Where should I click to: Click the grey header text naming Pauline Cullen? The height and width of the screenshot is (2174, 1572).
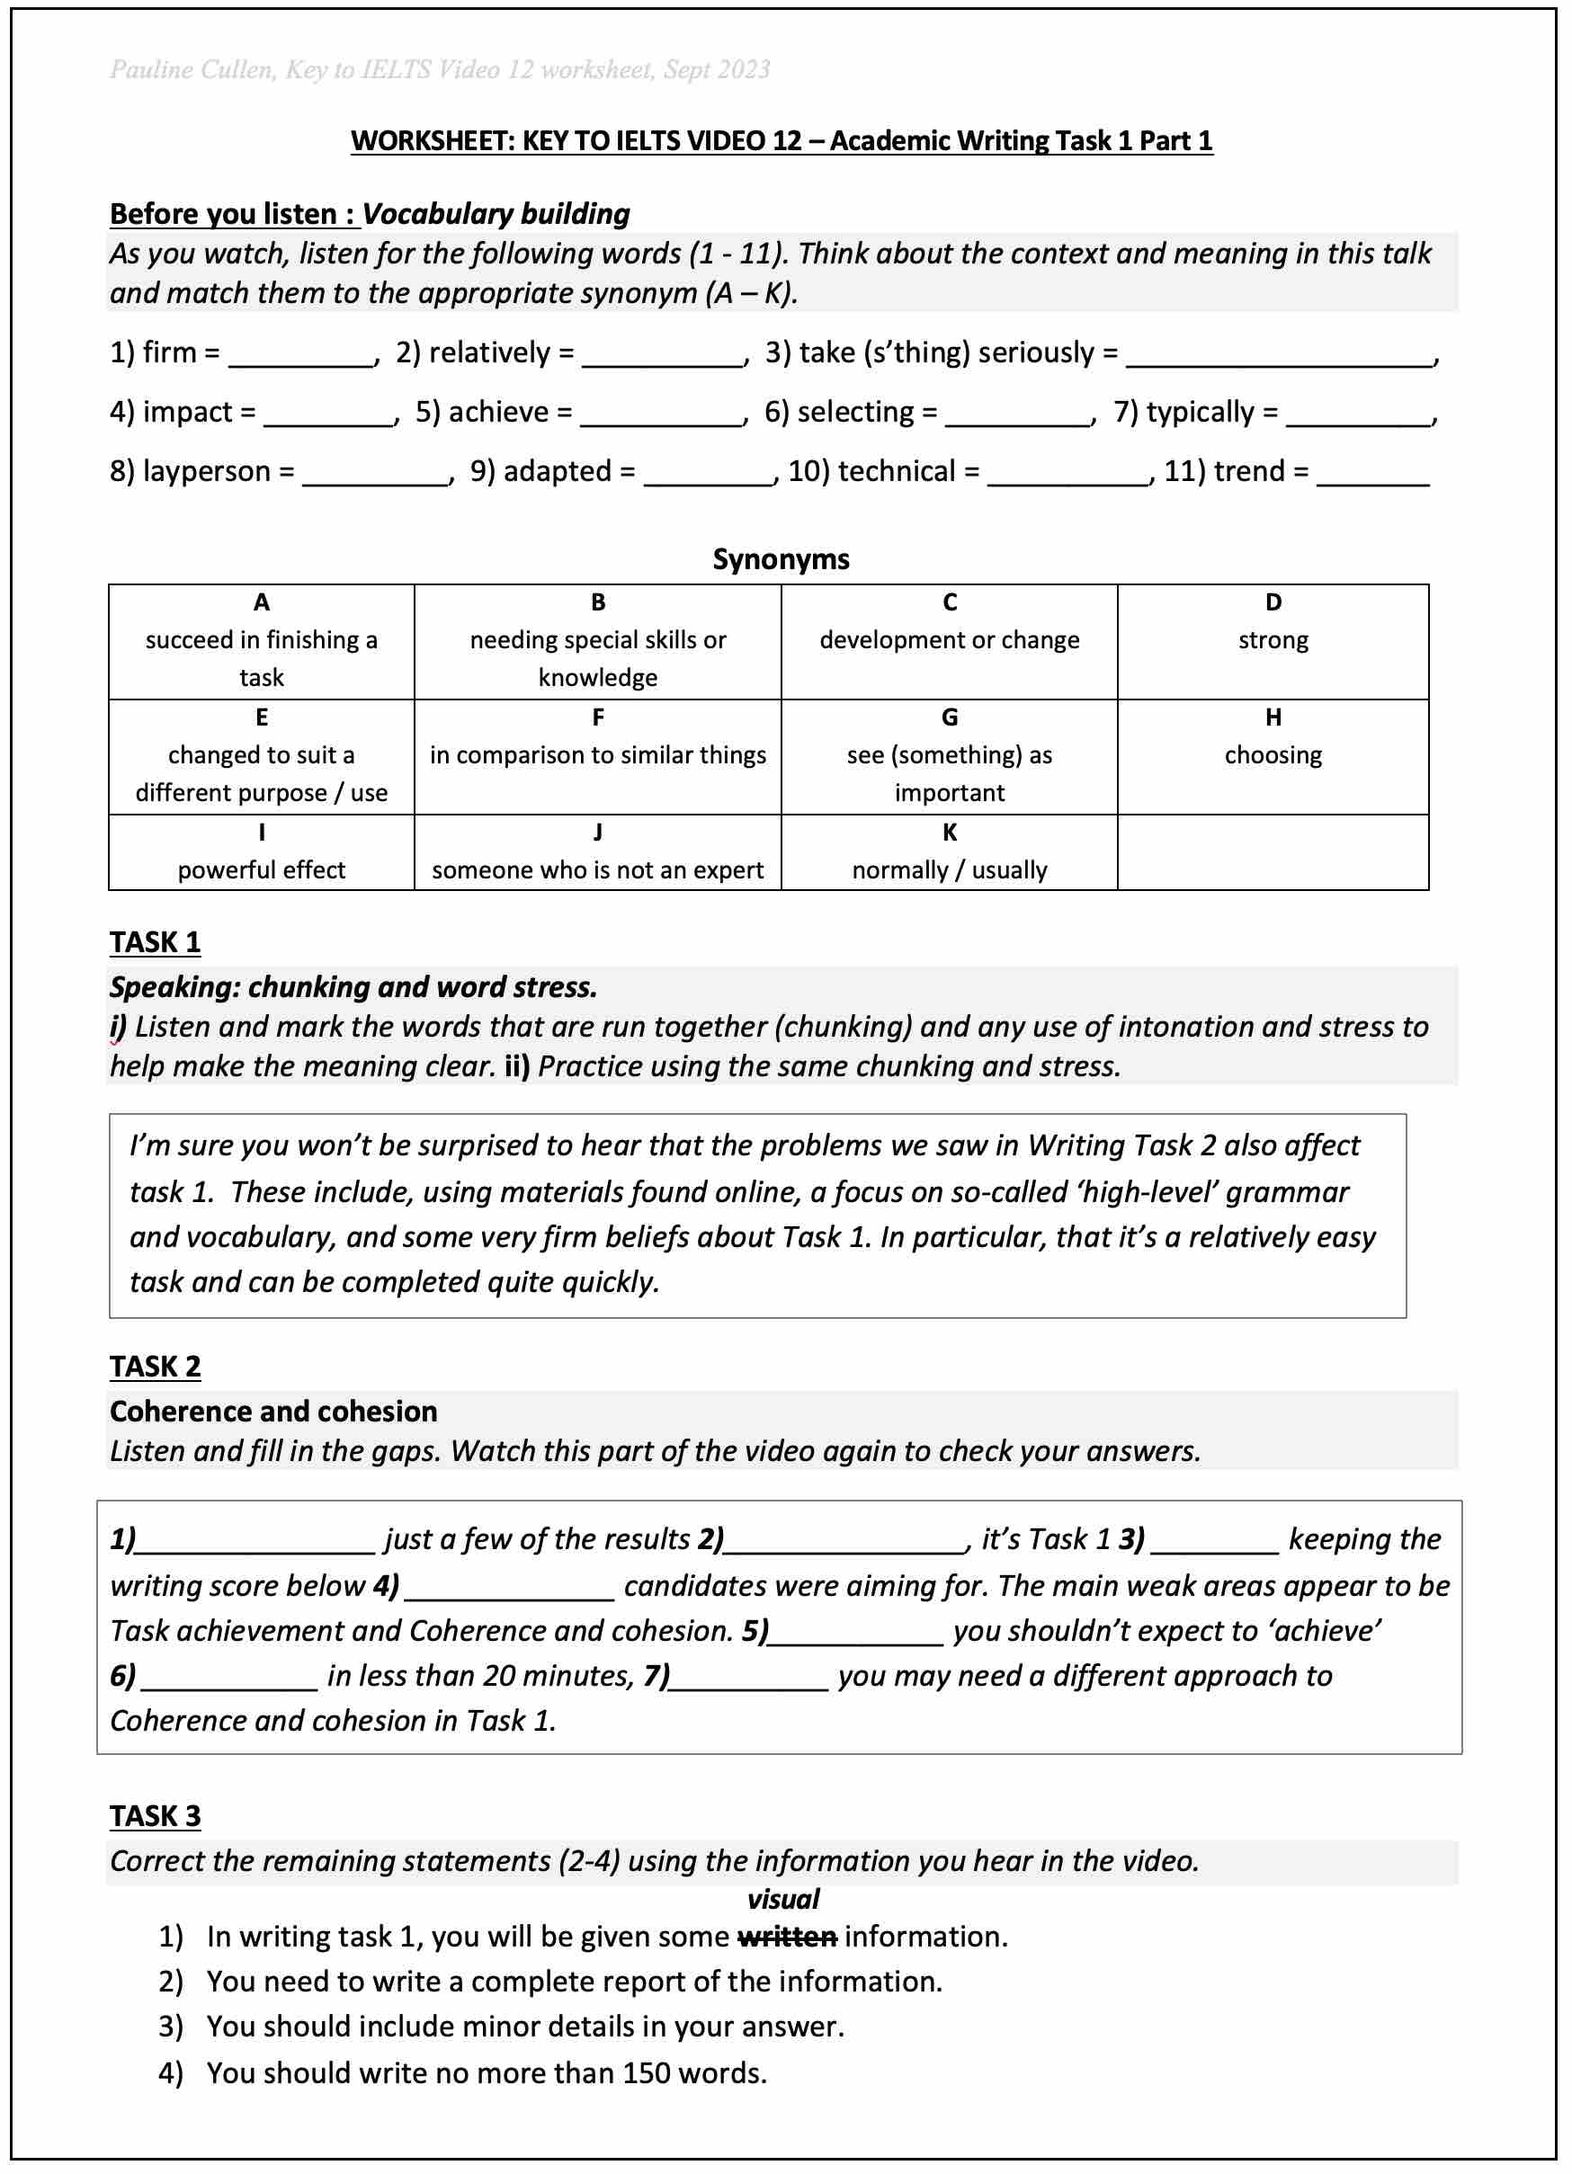pos(439,70)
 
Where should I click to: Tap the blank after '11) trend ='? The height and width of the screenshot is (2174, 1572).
pos(1371,476)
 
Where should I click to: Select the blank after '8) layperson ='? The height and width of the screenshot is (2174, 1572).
pos(375,476)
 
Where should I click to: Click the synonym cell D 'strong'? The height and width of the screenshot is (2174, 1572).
pos(1272,641)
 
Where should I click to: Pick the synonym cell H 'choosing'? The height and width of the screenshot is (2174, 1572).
pos(1272,756)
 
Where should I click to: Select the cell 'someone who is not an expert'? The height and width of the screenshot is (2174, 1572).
pos(597,870)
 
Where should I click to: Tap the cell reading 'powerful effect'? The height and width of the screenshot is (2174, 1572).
pos(261,870)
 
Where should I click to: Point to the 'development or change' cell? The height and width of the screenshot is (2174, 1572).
pos(949,641)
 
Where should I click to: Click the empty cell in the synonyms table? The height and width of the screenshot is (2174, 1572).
pos(1272,853)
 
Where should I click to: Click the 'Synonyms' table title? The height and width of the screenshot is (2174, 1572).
pos(781,560)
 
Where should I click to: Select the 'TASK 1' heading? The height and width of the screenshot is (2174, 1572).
pos(156,943)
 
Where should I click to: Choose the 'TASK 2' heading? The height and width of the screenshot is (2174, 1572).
pos(156,1367)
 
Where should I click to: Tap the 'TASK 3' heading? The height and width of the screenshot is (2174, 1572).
pos(156,1816)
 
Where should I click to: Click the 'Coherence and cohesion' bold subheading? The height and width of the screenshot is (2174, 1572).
pos(273,1412)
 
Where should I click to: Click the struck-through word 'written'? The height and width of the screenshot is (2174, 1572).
pos(786,1938)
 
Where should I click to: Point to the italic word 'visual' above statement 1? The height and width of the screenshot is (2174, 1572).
pos(783,1900)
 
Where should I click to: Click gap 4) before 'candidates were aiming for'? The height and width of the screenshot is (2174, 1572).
pos(509,1589)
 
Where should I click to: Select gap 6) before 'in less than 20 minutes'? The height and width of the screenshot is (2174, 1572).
pos(228,1678)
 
